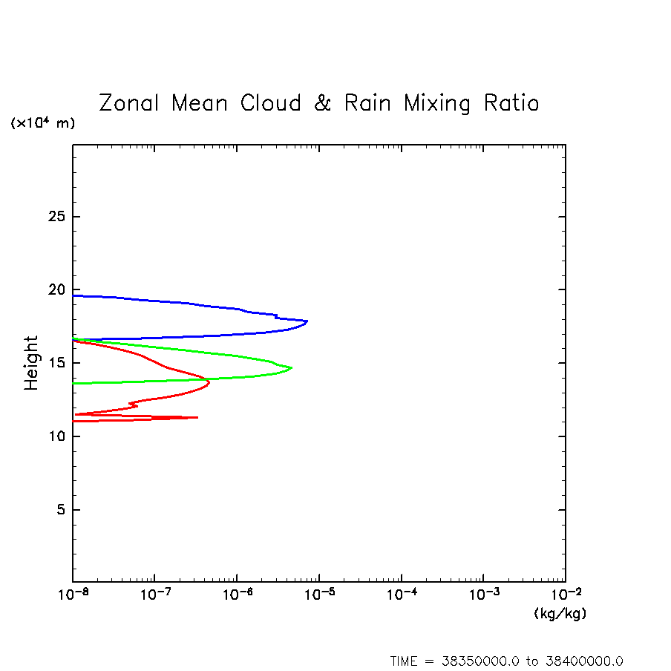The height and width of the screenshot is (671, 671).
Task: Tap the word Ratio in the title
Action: click(511, 103)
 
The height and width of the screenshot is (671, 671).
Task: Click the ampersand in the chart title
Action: click(322, 103)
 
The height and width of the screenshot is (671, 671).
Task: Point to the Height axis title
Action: click(31, 363)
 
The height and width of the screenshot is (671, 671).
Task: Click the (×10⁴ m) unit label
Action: click(42, 123)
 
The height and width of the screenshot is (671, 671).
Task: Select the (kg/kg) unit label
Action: click(560, 614)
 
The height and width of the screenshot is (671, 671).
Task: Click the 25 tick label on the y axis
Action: click(50, 217)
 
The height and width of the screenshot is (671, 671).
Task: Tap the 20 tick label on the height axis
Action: click(50, 290)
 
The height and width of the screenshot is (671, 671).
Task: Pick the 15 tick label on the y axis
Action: click(50, 363)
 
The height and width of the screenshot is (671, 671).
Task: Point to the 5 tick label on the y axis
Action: click(54, 510)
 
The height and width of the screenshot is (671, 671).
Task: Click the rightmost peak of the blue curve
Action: click(307, 321)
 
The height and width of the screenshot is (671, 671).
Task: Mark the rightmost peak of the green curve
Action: click(291, 367)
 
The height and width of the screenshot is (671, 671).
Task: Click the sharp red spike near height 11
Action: click(197, 417)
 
